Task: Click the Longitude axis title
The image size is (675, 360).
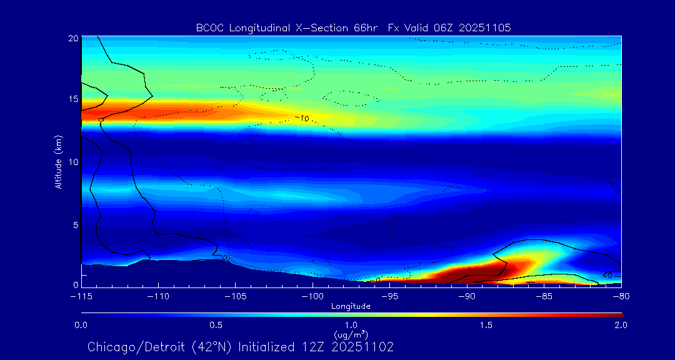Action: click(351, 306)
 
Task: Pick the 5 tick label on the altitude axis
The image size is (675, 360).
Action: click(74, 224)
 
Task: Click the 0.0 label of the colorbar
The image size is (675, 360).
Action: click(81, 325)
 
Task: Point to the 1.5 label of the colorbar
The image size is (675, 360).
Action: click(486, 325)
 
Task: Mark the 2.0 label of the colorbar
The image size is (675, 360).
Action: click(621, 325)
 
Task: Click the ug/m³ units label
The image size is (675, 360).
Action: click(351, 334)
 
